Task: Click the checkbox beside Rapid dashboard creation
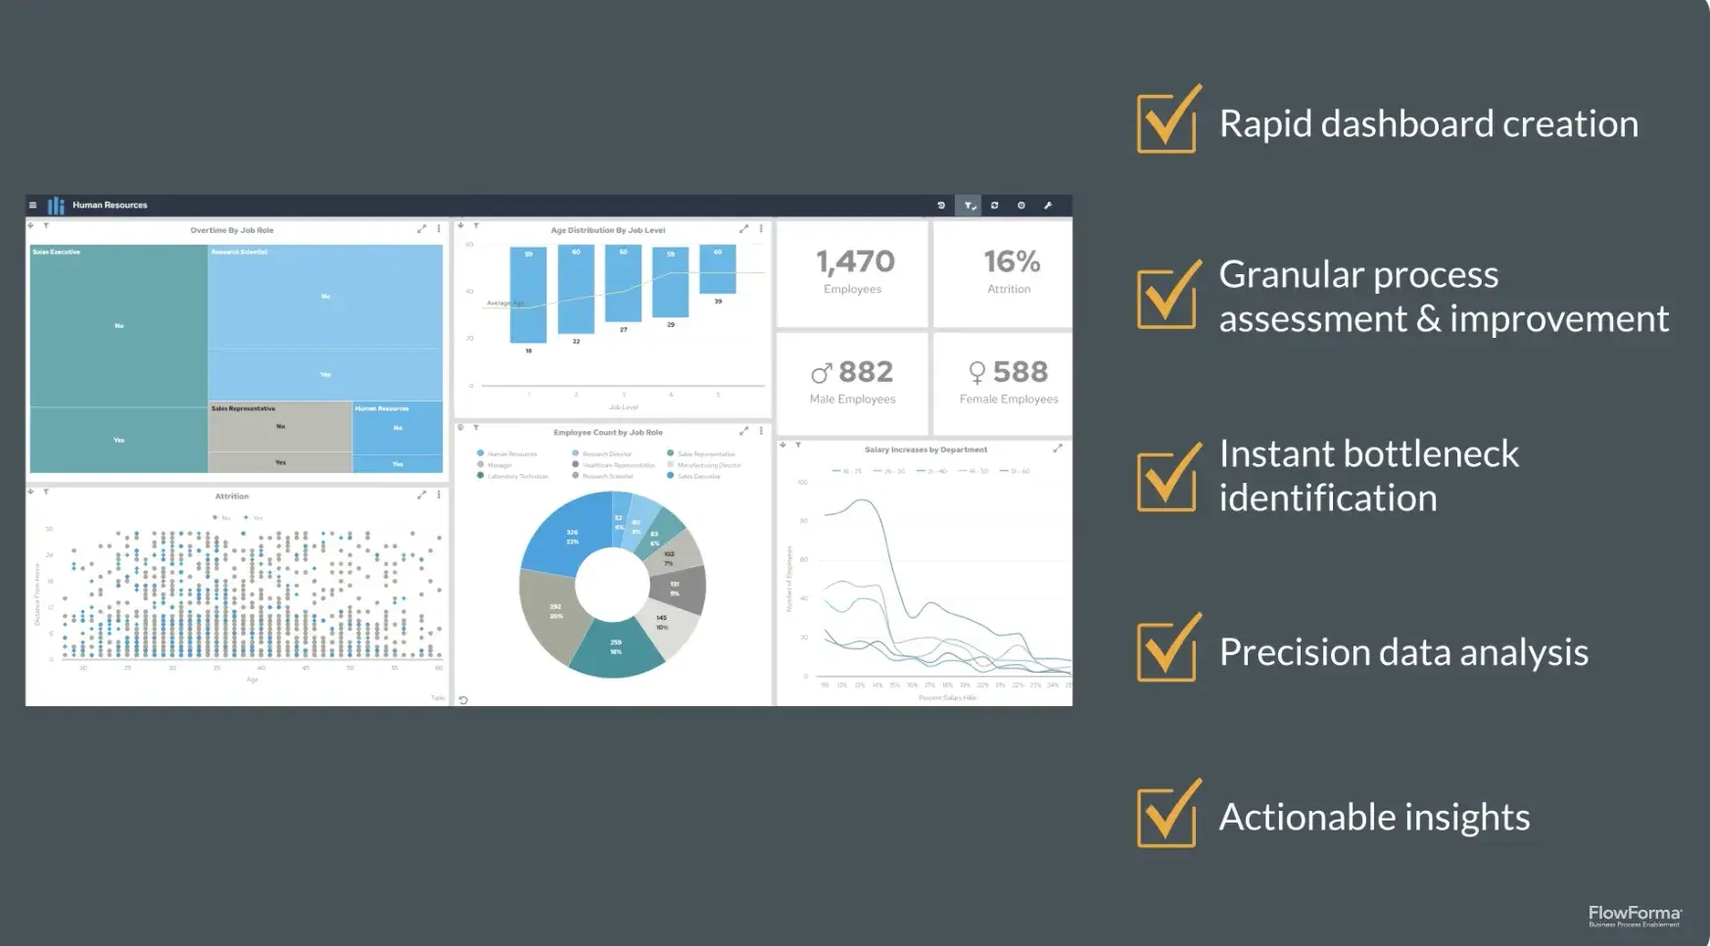click(1166, 122)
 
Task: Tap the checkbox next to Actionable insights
click(1166, 816)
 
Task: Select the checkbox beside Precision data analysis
click(1166, 650)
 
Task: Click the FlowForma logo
click(1634, 915)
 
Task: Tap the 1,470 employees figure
click(855, 261)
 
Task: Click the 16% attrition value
click(1012, 261)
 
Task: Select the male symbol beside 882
click(821, 373)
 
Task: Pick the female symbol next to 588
click(976, 373)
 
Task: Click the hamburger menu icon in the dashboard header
click(33, 206)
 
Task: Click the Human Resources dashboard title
click(110, 206)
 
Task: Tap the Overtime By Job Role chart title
click(232, 230)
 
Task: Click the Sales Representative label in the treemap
click(244, 408)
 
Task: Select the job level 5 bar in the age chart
click(718, 269)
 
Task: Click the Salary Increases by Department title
click(926, 449)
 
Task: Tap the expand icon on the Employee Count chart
click(743, 431)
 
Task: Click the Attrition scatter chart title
click(232, 497)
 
